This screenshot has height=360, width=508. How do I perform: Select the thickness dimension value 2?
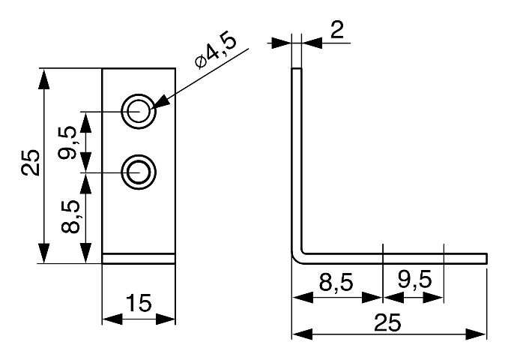(336, 31)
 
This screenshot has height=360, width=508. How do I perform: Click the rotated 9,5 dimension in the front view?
(69, 142)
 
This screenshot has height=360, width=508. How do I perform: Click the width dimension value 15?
(139, 304)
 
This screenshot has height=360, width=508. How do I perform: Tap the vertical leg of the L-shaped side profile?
(296, 157)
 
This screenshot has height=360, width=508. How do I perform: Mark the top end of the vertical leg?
(296, 70)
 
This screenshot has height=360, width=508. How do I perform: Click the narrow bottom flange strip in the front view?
(139, 259)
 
